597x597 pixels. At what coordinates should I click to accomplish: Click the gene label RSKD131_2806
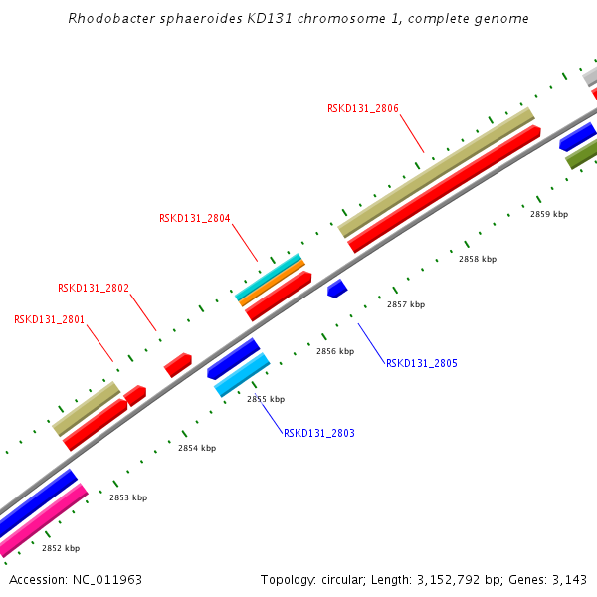click(363, 108)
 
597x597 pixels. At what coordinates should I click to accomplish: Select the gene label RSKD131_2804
click(195, 218)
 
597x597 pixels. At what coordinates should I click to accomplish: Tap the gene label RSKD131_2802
click(94, 288)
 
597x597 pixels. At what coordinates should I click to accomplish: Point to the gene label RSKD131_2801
click(50, 319)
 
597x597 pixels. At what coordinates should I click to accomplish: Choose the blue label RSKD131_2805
click(422, 363)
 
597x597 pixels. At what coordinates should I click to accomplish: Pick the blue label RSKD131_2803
click(319, 433)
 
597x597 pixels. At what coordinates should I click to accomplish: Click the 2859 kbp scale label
click(549, 214)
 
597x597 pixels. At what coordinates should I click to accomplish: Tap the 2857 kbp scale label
click(406, 304)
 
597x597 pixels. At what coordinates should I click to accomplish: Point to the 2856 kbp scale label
click(335, 351)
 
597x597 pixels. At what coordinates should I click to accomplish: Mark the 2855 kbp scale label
click(266, 399)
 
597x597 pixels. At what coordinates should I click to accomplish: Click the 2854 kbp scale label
click(197, 448)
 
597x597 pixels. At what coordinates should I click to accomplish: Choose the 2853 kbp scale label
click(128, 497)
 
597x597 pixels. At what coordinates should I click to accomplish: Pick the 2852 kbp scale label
click(61, 548)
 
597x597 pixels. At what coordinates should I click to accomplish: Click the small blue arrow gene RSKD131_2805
click(337, 289)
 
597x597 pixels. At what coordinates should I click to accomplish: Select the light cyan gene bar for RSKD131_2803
click(243, 375)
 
